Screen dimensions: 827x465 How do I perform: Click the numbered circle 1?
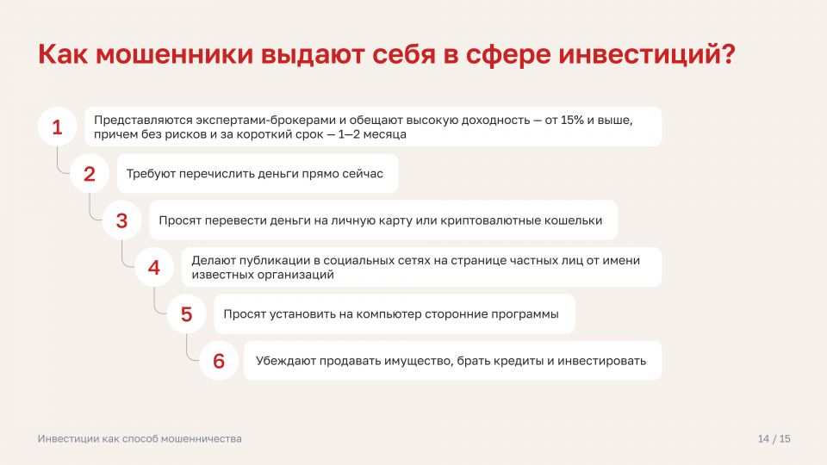(58, 127)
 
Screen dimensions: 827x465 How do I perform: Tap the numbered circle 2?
(90, 173)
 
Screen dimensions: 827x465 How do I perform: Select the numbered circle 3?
(121, 220)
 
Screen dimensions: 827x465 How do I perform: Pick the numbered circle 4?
(154, 267)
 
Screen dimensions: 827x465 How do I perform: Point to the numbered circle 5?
(186, 314)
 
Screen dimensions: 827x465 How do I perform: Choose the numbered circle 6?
(219, 361)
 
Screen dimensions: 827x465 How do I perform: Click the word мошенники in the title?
(174, 54)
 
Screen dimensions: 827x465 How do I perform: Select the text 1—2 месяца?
(372, 134)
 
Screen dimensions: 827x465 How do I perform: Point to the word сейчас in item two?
(363, 173)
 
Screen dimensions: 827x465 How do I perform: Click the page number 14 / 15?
(774, 438)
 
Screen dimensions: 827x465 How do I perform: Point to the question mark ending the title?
(728, 54)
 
